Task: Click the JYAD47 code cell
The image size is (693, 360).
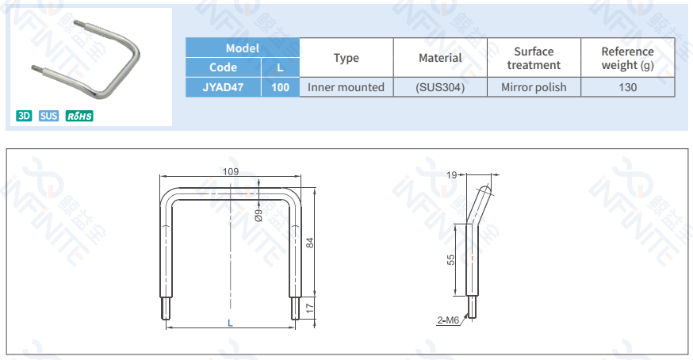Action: click(x=223, y=87)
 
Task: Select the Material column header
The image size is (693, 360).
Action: click(x=440, y=57)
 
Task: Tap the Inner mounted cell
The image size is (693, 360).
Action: click(x=346, y=87)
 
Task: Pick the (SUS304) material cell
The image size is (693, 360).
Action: click(x=440, y=87)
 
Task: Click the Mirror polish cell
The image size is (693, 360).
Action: click(x=534, y=87)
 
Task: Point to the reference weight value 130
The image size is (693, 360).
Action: click(x=627, y=87)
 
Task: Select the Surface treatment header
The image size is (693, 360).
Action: click(x=534, y=57)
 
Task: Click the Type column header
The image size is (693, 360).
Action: click(x=346, y=57)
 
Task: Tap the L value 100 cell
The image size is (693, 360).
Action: click(x=280, y=87)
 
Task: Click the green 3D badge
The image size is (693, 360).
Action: click(x=24, y=116)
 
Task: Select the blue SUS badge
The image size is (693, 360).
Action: click(x=48, y=116)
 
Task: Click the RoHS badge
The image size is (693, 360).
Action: click(x=79, y=116)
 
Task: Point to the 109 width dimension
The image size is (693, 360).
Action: click(x=230, y=171)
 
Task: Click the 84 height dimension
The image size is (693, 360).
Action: click(x=311, y=242)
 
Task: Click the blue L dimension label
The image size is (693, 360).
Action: click(x=230, y=323)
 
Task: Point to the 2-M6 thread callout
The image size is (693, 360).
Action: click(x=448, y=320)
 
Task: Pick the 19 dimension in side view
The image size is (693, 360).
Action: click(x=451, y=175)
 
